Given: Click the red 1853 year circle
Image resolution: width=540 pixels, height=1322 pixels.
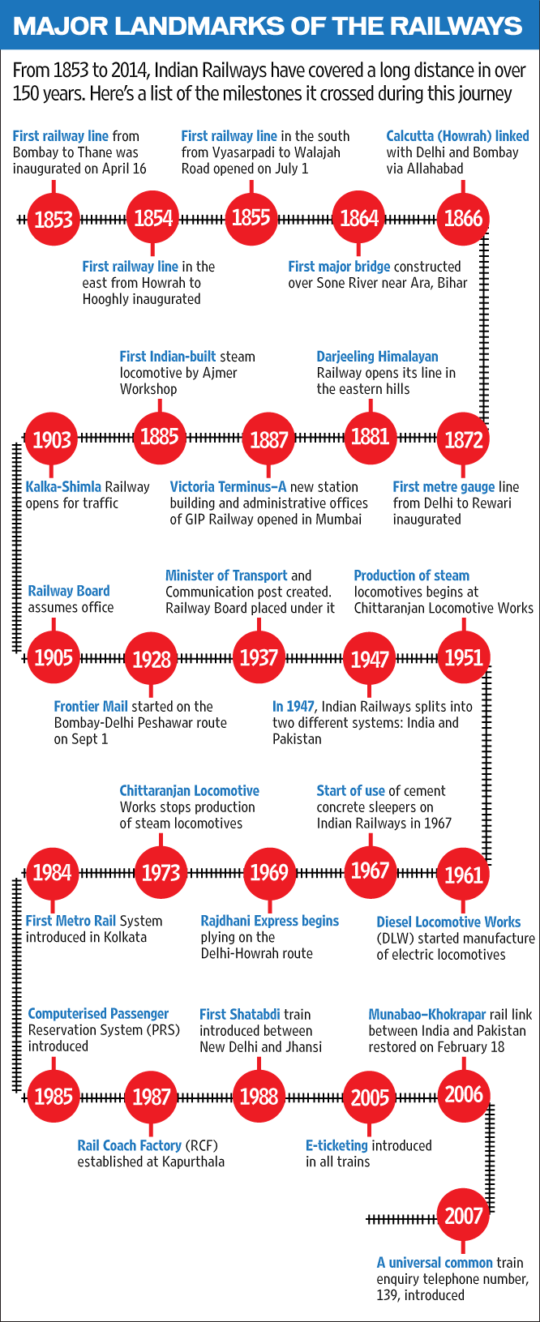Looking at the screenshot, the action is click(x=54, y=220).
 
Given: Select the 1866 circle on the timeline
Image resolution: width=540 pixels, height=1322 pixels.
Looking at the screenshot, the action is click(x=463, y=218).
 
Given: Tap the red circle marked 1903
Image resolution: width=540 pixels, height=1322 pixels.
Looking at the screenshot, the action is click(x=51, y=439).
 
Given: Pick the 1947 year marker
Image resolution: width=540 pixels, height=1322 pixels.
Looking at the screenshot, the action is click(x=370, y=659).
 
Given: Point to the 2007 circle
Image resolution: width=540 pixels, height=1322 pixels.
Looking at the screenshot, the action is click(x=463, y=1215).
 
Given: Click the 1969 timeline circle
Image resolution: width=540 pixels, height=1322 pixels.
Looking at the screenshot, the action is click(x=269, y=873).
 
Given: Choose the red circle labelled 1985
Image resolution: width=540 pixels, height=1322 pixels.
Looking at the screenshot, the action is click(x=54, y=1097).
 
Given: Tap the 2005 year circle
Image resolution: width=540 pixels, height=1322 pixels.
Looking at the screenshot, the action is click(x=370, y=1097).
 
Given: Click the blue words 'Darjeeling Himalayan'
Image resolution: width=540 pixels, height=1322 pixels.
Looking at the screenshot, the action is click(x=377, y=357).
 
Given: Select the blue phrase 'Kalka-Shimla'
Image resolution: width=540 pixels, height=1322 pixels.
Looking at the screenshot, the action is click(x=63, y=487).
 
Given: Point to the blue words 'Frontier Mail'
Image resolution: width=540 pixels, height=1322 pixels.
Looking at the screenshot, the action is click(x=91, y=707).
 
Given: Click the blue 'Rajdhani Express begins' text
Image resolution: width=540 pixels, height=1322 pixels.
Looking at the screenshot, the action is click(x=270, y=921).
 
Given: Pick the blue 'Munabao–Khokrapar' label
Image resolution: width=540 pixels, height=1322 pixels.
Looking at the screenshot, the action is click(x=427, y=1014).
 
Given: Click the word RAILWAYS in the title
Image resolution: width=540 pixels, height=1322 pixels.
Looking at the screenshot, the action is click(x=456, y=26).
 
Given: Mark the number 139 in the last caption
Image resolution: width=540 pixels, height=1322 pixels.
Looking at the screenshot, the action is click(x=387, y=1295).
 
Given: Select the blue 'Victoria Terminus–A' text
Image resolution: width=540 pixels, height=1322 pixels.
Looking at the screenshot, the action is click(x=229, y=487).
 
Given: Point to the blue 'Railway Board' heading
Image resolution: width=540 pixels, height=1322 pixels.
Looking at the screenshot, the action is click(x=69, y=591).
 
